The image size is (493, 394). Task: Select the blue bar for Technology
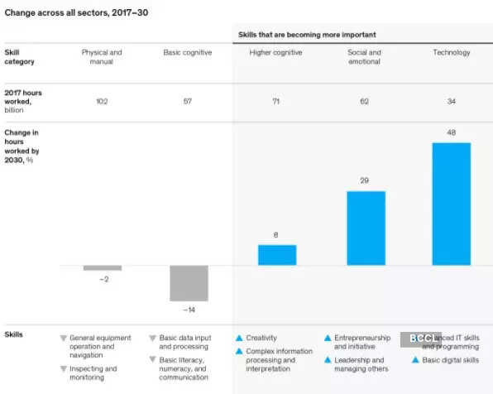click(451, 204)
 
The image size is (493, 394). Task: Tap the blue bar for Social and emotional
click(366, 228)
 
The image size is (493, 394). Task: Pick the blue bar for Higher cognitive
click(277, 255)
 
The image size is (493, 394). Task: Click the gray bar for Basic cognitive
click(189, 283)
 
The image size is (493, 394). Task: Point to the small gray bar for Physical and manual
click(103, 268)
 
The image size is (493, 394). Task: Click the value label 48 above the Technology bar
click(451, 132)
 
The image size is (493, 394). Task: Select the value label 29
click(366, 180)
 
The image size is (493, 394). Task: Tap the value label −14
click(189, 310)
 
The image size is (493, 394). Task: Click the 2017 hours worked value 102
click(102, 100)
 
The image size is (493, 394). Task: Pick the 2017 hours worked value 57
click(189, 100)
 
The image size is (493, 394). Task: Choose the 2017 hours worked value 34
click(451, 100)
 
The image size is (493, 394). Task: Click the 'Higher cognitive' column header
click(275, 53)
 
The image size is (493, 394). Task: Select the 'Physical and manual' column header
click(102, 57)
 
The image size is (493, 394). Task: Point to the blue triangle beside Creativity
click(239, 338)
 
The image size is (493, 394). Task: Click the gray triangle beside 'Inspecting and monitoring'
click(64, 368)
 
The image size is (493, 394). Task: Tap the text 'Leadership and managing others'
click(359, 365)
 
